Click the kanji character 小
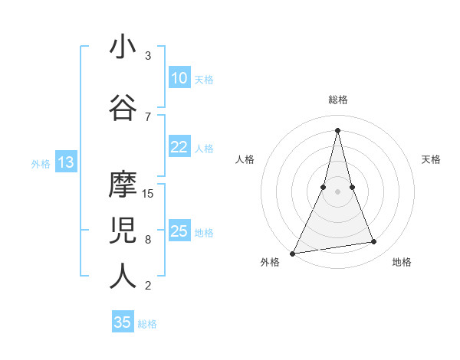click(123, 48)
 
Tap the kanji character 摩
click(123, 184)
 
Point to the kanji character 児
click(123, 230)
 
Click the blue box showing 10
click(179, 78)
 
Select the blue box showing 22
click(179, 148)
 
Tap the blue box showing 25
click(179, 232)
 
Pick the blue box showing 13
click(65, 162)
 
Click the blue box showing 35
click(123, 322)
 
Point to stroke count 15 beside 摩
click(149, 193)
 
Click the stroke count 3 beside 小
click(148, 56)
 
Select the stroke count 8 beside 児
click(148, 239)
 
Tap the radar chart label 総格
click(337, 100)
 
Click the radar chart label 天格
click(432, 159)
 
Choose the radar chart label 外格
click(270, 262)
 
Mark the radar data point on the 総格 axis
click(337, 130)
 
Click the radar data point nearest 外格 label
click(292, 253)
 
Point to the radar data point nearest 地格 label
click(374, 242)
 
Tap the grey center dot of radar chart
click(337, 191)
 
